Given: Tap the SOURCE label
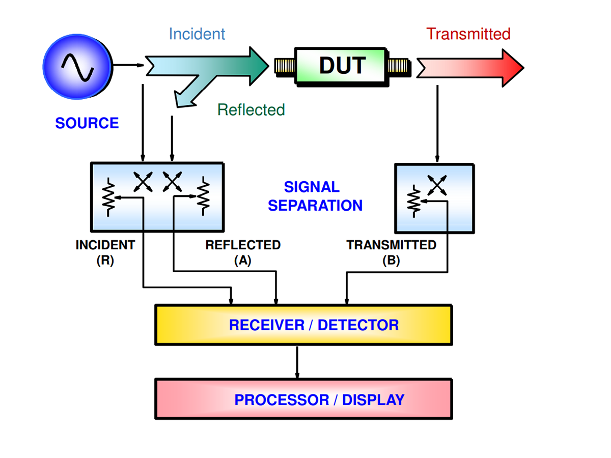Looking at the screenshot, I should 87,123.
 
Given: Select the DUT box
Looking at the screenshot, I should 342,66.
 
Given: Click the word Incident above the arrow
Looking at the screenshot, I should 197,34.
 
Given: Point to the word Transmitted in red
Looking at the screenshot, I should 468,34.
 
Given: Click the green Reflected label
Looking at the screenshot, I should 251,109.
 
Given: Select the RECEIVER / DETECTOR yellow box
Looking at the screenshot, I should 303,325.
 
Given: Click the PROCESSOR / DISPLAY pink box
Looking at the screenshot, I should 303,399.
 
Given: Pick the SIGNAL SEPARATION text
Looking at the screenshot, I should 315,196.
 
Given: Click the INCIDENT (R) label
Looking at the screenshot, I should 105,252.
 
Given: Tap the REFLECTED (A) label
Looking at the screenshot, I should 243,252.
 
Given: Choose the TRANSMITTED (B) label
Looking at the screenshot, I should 391,252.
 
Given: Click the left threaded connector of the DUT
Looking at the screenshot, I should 284,66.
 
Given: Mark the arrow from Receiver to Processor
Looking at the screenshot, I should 297,362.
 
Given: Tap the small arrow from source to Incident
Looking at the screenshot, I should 127,65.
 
